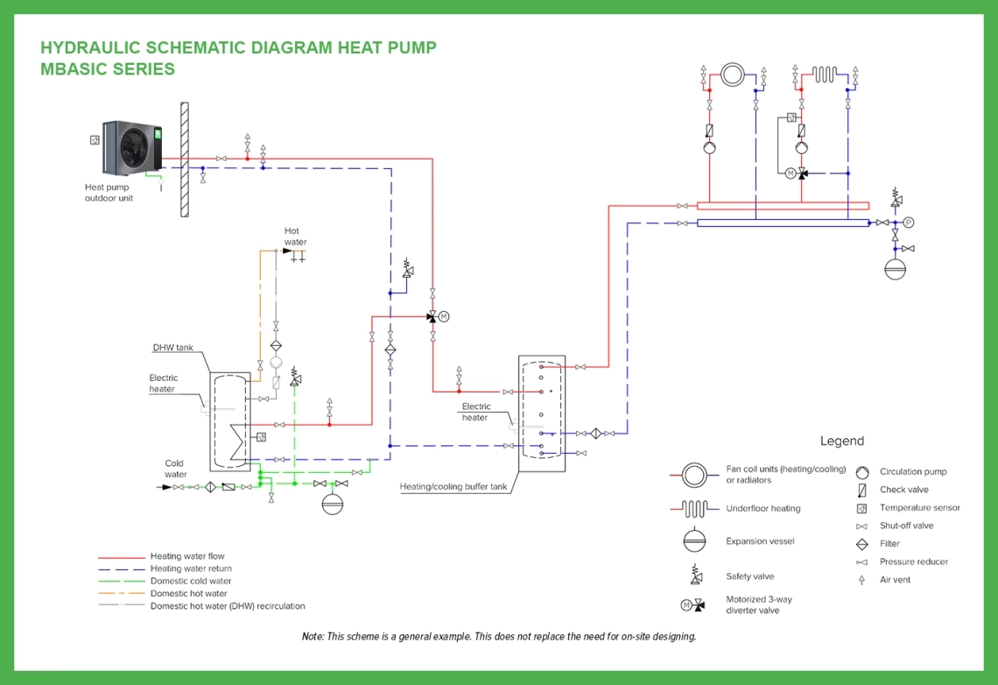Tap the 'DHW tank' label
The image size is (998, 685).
coord(172,348)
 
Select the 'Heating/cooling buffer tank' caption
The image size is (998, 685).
coord(453,486)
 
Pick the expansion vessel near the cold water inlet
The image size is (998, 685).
coord(332,504)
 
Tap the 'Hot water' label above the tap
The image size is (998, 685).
coord(295,237)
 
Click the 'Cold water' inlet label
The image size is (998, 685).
coord(176,469)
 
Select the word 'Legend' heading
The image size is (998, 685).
coord(841,441)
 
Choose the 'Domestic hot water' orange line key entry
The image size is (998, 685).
coord(188,594)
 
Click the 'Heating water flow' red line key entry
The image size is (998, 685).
coord(186,556)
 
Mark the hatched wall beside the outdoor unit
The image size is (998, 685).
coord(185,159)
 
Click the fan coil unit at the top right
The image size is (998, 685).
coord(733,74)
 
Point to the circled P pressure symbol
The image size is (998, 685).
coord(908,222)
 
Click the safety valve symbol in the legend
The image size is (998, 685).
coord(696,576)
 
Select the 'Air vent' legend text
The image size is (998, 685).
coord(895,580)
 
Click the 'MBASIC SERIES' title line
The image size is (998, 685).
coord(108,69)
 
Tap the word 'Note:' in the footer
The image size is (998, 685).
coord(313,637)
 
